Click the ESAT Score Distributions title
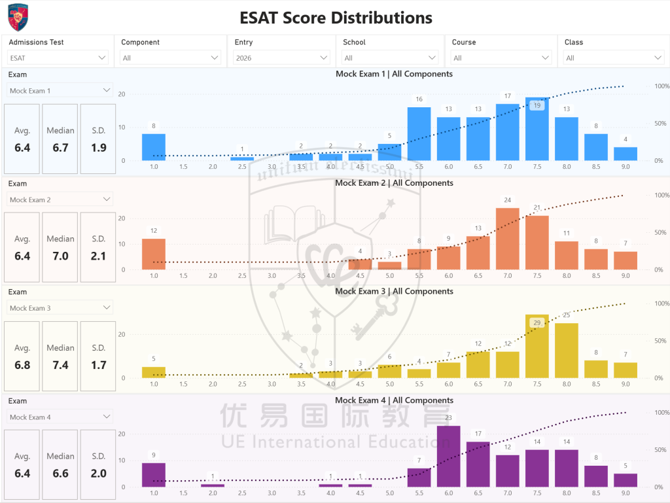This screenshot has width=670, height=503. [x=336, y=17]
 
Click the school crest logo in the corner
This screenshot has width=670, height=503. [x=18, y=17]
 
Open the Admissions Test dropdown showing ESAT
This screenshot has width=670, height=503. [x=58, y=58]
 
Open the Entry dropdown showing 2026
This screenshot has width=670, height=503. [x=281, y=58]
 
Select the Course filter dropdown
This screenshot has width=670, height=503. [x=501, y=58]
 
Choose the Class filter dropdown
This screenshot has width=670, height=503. [x=613, y=58]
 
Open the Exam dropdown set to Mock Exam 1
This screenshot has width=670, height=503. [x=60, y=90]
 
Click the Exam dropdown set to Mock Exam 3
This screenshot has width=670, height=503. [x=60, y=307]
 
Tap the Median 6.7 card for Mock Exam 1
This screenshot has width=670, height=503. [x=60, y=139]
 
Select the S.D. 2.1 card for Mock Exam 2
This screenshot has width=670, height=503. [x=98, y=247]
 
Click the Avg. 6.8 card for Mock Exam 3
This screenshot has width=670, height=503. [x=22, y=356]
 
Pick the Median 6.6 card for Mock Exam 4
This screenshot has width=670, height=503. [x=60, y=464]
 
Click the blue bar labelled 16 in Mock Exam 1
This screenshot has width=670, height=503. [x=419, y=134]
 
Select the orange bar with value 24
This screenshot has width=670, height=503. [x=508, y=239]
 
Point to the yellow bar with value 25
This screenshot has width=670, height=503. [x=567, y=351]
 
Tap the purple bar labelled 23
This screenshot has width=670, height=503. [x=448, y=456]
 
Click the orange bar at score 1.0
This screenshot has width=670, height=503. [x=154, y=254]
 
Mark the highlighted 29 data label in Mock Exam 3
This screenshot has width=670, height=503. [x=537, y=322]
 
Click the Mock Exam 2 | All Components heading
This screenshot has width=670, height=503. [x=394, y=183]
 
